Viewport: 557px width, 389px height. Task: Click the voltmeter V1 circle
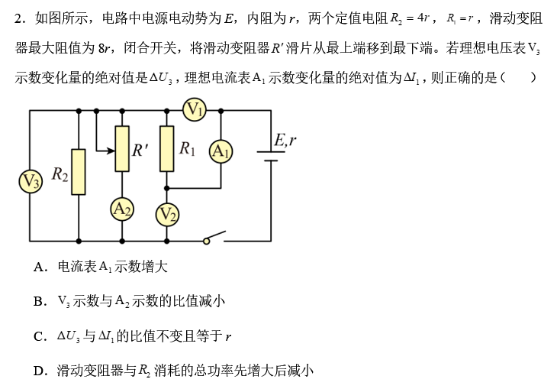[x=195, y=111]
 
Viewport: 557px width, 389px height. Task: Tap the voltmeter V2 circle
[x=168, y=215]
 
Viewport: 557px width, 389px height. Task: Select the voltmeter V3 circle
[x=31, y=181]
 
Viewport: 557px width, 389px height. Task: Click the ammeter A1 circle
[x=221, y=151]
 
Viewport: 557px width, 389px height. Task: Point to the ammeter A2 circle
[x=122, y=208]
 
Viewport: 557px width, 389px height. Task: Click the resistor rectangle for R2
[x=79, y=171]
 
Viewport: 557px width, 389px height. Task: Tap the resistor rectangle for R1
[x=167, y=148]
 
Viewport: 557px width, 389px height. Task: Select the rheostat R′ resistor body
[x=122, y=148]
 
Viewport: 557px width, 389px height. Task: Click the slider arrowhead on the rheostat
[x=111, y=147]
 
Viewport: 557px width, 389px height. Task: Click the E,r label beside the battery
[x=285, y=140]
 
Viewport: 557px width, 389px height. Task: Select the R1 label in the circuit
[x=188, y=148]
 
